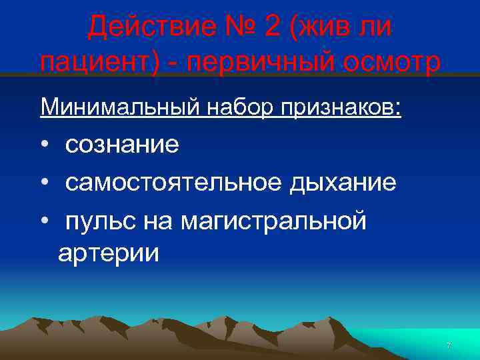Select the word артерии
[109, 253]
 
